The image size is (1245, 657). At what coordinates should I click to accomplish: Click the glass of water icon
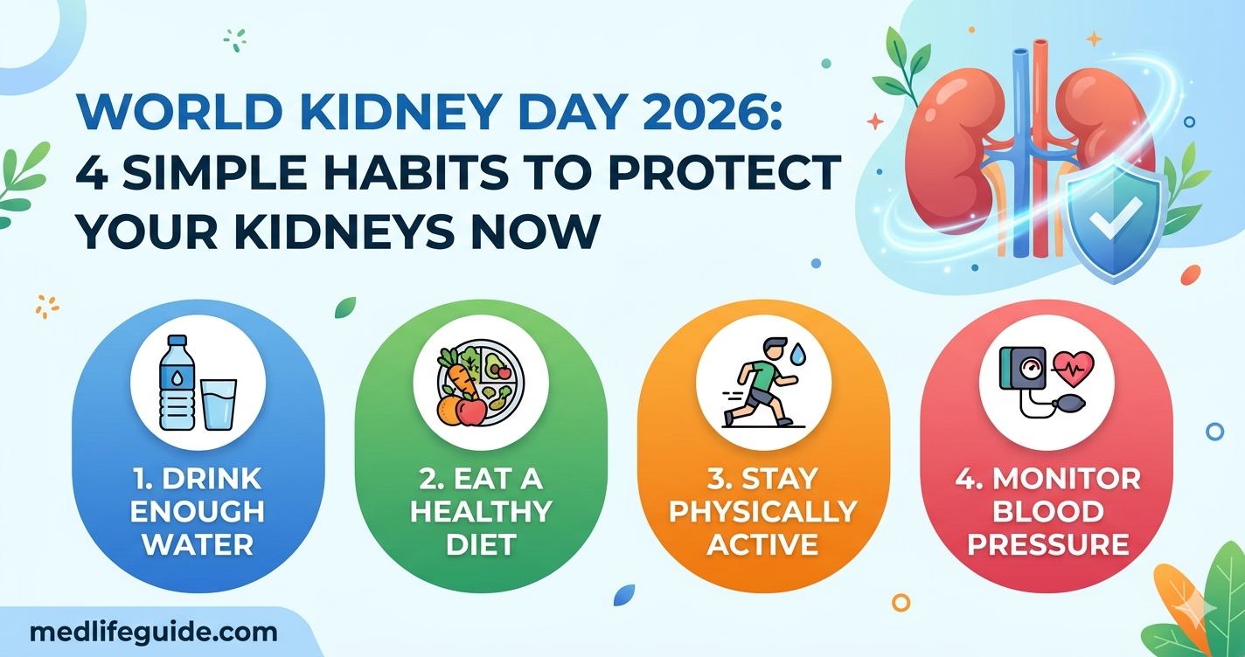[x=218, y=404]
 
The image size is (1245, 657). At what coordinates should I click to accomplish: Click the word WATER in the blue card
[x=198, y=544]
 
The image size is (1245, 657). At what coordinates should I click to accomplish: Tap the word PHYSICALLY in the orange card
[x=763, y=512]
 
